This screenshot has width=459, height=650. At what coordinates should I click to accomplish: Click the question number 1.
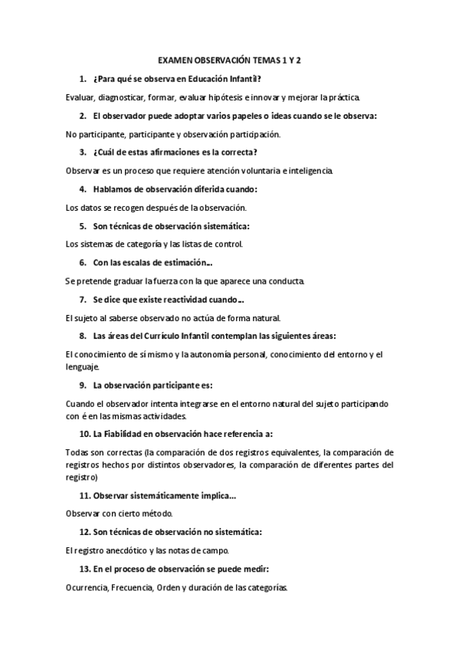click(82, 78)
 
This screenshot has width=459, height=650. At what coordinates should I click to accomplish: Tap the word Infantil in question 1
click(244, 78)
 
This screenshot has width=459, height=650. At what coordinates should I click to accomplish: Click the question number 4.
click(82, 189)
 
